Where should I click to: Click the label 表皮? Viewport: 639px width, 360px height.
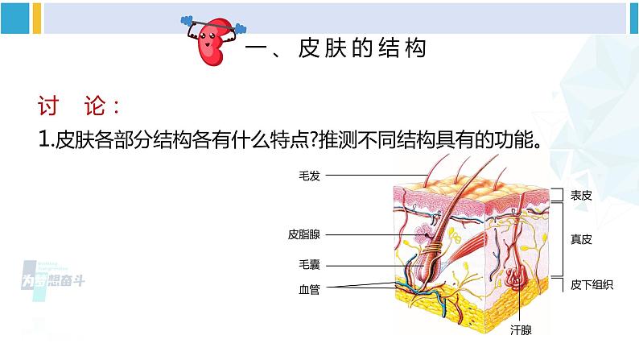pyautogui.click(x=581, y=195)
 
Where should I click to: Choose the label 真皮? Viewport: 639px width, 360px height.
pyautogui.click(x=581, y=239)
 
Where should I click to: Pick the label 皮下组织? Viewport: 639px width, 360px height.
pyautogui.click(x=592, y=284)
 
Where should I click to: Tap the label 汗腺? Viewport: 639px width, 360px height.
pyautogui.click(x=521, y=329)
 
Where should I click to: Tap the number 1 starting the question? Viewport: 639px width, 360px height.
pyautogui.click(x=44, y=140)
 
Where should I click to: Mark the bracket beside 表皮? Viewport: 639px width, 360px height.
pyautogui.click(x=558, y=195)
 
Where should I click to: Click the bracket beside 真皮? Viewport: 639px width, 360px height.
pyautogui.click(x=559, y=239)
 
